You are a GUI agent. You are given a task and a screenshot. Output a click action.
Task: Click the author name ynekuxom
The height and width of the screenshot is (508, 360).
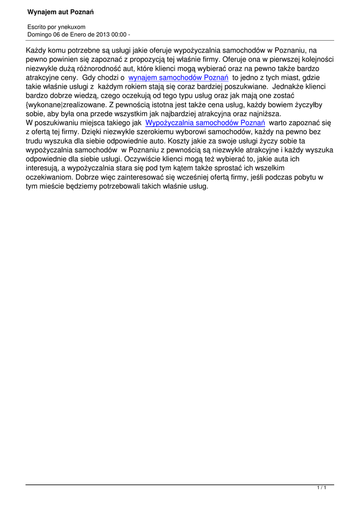72,27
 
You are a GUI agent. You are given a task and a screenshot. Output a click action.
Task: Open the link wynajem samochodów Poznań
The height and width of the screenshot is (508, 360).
178,78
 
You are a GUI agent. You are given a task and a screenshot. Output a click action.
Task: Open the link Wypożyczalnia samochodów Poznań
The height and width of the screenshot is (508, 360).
205,123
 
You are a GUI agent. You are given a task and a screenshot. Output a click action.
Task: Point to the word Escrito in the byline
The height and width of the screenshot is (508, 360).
36,27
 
